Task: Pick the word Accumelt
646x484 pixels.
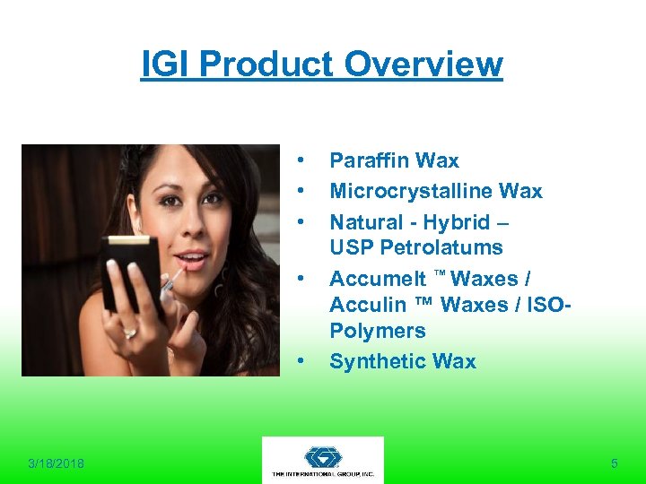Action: click(x=376, y=279)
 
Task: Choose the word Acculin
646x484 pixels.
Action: click(x=369, y=305)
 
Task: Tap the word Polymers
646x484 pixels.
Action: click(x=377, y=331)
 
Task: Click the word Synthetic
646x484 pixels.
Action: click(x=376, y=361)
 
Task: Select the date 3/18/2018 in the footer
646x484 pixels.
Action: click(x=56, y=463)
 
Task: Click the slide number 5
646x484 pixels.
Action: click(x=615, y=463)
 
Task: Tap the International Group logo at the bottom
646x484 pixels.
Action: click(x=322, y=460)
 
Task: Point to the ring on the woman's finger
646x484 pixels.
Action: click(x=130, y=333)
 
